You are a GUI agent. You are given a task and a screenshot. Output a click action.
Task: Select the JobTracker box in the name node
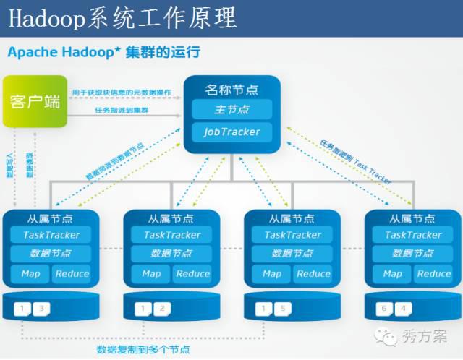231,132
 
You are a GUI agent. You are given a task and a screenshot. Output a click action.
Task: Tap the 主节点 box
231,110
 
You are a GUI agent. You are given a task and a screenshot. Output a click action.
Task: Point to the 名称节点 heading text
231,90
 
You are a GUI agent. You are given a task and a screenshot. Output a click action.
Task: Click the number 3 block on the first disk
41,309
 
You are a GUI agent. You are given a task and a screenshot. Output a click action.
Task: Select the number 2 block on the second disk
162,309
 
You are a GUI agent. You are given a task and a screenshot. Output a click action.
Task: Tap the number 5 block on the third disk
283,309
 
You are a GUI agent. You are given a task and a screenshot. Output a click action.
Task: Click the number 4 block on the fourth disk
404,309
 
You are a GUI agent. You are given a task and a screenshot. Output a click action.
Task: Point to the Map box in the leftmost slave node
30,273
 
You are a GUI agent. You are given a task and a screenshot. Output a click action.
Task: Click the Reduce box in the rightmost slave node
434,273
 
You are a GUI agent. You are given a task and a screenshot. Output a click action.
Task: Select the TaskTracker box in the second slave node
172,235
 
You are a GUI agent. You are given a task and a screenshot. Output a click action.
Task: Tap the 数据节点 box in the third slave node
292,254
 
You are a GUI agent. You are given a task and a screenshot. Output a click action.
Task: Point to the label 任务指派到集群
122,110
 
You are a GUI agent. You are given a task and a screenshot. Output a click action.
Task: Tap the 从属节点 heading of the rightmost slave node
413,218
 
